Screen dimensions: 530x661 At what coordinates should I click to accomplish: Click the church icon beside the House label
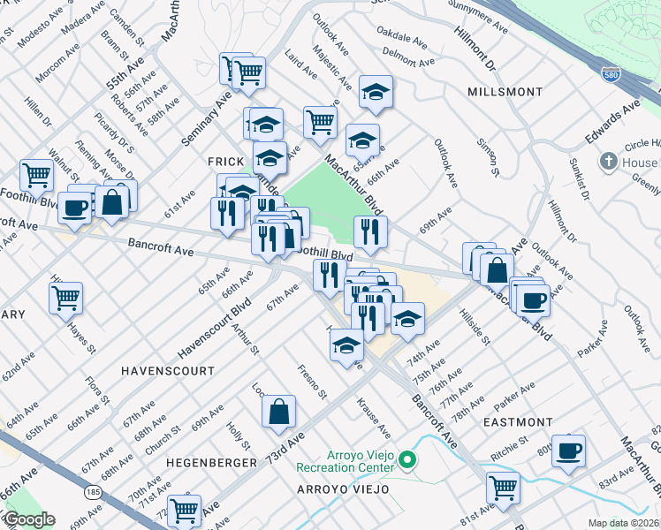click(x=608, y=163)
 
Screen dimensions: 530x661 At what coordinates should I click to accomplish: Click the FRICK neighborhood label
click(x=224, y=162)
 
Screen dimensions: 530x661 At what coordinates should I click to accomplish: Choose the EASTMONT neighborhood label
click(x=519, y=423)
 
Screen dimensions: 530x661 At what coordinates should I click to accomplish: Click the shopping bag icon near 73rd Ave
click(x=278, y=411)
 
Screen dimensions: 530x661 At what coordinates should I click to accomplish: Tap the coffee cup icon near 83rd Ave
click(x=568, y=450)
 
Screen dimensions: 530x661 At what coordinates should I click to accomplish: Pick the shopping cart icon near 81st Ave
click(x=503, y=487)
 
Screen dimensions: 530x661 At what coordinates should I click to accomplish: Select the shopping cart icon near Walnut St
click(x=36, y=174)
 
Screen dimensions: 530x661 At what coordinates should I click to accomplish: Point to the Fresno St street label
click(x=312, y=381)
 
